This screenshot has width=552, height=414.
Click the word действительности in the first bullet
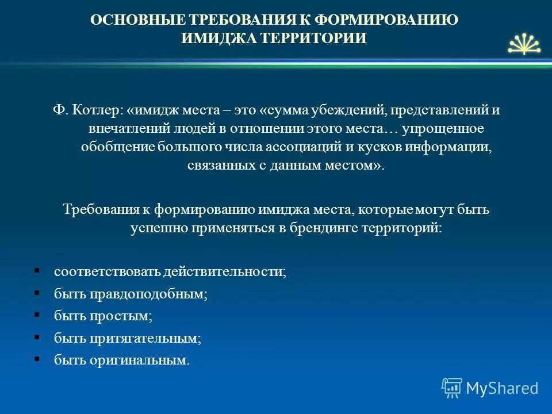tap(224, 272)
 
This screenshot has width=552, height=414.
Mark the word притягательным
tap(145, 339)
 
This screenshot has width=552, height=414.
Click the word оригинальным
tap(139, 361)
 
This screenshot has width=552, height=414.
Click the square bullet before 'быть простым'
tap(37, 315)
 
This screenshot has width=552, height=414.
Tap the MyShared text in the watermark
tap(502, 388)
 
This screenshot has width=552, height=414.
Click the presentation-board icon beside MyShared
tap(452, 388)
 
